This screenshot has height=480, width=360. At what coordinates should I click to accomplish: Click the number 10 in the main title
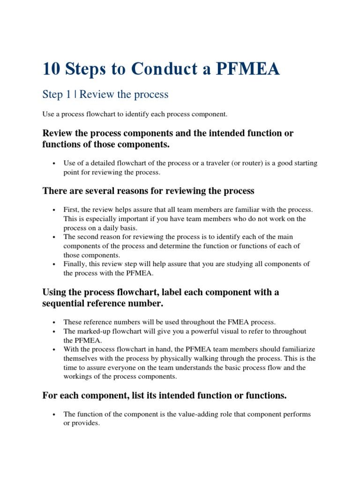[52, 69]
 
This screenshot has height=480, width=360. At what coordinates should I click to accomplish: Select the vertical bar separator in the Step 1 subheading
[76, 94]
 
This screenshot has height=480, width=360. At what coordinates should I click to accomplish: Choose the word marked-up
[94, 331]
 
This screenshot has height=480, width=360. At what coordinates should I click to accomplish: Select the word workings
[77, 376]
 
